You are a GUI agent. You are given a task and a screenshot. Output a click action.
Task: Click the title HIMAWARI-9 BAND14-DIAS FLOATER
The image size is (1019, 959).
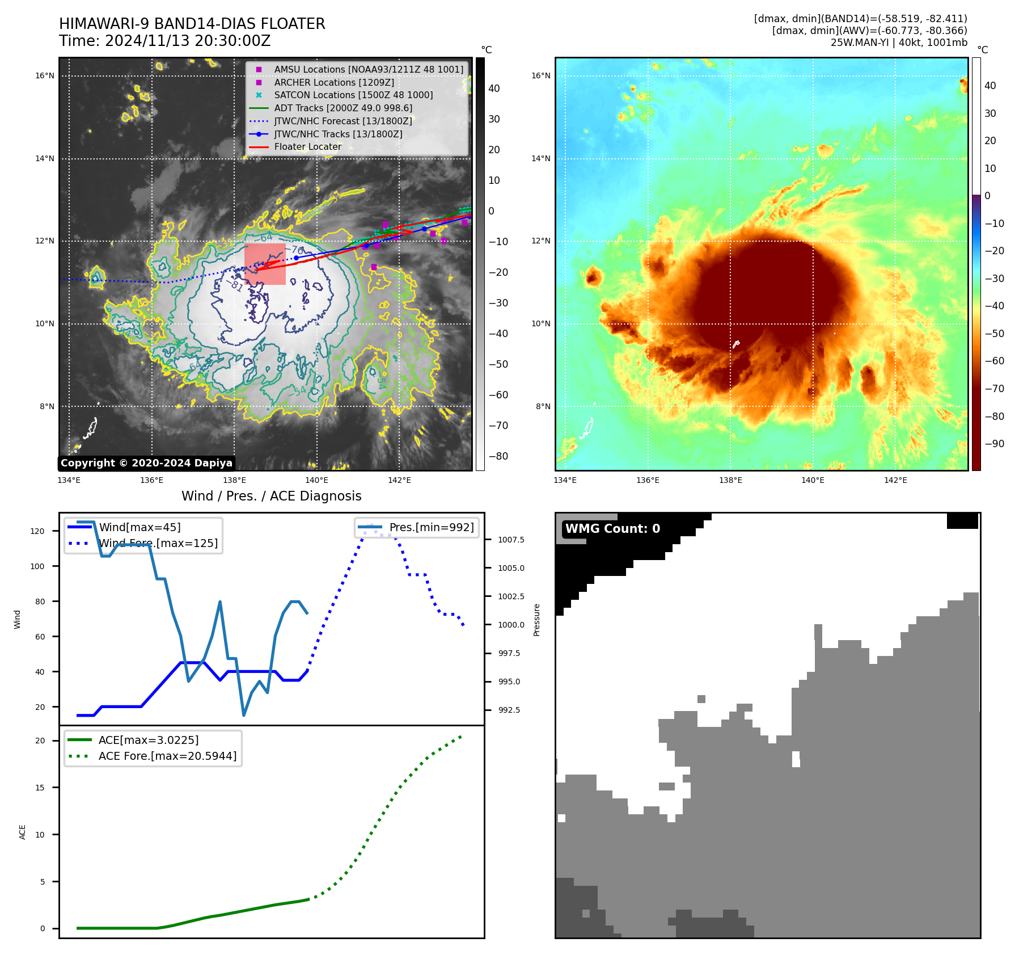point(192,24)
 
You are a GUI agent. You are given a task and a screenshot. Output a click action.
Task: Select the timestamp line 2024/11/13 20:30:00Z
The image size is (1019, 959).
point(164,41)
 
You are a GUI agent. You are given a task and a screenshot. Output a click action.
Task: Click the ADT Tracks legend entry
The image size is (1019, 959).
point(343,108)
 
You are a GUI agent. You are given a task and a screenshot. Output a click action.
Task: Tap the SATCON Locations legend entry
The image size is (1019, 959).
point(353,95)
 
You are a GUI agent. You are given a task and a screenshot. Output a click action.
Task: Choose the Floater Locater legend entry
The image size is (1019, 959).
point(307,147)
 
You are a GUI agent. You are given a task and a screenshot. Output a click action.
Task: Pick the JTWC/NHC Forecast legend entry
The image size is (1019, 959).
point(343,121)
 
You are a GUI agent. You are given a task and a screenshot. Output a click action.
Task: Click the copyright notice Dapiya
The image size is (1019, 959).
point(146,463)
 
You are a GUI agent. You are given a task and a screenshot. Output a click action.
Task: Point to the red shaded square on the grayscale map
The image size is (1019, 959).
point(265,264)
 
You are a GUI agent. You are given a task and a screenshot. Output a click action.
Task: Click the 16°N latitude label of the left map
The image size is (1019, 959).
point(45,75)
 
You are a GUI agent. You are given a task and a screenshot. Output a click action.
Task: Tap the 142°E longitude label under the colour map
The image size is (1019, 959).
point(895,481)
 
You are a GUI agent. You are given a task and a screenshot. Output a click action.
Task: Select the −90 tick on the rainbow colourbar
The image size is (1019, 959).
point(994,444)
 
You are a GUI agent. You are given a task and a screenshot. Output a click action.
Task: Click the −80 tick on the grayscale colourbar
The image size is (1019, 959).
point(498,456)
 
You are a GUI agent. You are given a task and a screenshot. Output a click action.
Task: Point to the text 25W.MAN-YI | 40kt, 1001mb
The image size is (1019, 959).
point(899,43)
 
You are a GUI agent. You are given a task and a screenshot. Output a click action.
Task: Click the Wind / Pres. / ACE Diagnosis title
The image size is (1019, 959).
point(271,496)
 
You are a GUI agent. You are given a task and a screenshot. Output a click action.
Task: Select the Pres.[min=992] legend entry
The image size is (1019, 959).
point(431,527)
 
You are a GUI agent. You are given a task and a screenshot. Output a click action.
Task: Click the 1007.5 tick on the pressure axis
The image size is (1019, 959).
point(511,540)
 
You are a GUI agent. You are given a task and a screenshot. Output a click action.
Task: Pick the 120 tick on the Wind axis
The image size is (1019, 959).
point(37,531)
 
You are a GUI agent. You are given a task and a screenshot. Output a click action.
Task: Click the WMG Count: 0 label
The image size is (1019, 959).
point(612,529)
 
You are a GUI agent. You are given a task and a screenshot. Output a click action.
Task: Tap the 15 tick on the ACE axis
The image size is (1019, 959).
point(40,788)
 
